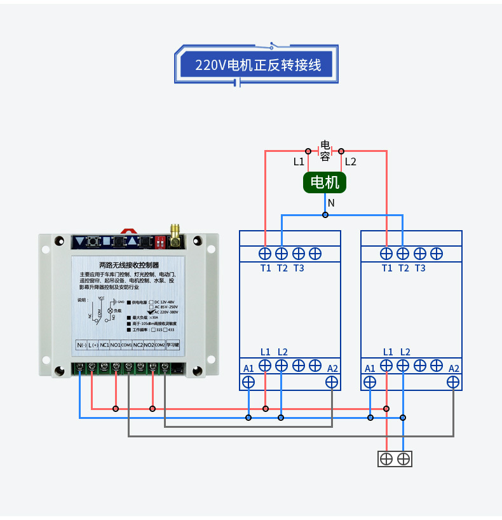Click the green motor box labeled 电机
[x=325, y=183]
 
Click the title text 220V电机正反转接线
[x=257, y=65]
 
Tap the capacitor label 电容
[x=325, y=151]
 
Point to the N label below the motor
[x=330, y=203]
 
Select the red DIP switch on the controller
[x=159, y=242]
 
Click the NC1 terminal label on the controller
[x=104, y=345]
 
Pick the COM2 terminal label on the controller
[x=159, y=345]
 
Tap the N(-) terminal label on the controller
[x=81, y=345]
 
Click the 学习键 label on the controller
[x=173, y=345]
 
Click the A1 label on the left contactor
[x=248, y=369]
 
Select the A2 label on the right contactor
[x=454, y=369]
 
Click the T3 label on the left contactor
[x=299, y=268]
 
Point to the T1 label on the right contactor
[x=387, y=268]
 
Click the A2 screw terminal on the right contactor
[x=453, y=382]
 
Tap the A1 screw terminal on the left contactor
[x=248, y=382]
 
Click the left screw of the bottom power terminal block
[x=386, y=458]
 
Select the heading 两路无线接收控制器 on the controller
[x=129, y=264]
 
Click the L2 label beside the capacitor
[x=350, y=161]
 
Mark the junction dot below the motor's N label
[x=325, y=215]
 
